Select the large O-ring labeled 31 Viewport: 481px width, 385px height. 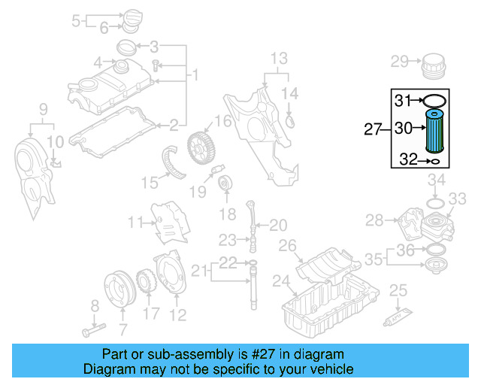[435, 100]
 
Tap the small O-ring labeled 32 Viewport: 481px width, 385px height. [431, 160]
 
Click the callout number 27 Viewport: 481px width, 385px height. [374, 129]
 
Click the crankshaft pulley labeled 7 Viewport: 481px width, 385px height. [116, 289]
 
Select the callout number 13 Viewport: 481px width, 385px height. [279, 58]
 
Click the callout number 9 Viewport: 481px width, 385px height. [43, 108]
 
